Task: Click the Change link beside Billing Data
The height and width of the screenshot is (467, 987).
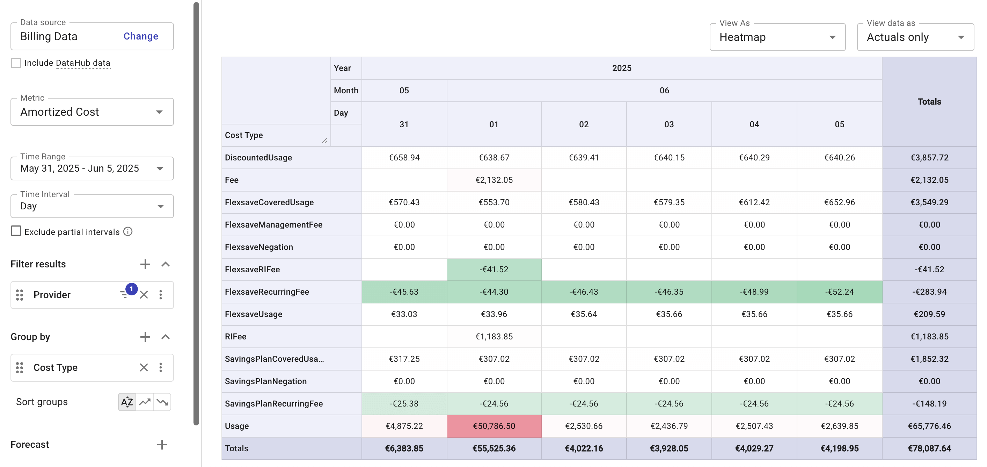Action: (141, 36)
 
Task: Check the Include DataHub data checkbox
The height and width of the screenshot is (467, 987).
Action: (16, 63)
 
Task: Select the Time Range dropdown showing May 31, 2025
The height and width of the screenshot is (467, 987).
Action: (92, 168)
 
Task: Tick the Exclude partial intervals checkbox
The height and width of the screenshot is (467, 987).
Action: (16, 231)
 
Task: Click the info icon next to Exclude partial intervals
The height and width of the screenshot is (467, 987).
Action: (128, 232)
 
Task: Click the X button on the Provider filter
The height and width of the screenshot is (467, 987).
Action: (144, 295)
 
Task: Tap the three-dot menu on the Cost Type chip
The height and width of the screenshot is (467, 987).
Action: (161, 367)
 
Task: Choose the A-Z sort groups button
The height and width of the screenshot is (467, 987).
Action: (127, 402)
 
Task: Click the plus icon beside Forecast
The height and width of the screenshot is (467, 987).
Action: (162, 444)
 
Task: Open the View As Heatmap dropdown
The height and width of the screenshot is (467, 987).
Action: (777, 37)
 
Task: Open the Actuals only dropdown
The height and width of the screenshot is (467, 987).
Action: (915, 37)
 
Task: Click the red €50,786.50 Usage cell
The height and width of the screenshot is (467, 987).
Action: (494, 426)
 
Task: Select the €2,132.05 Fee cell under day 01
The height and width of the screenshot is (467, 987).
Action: (494, 180)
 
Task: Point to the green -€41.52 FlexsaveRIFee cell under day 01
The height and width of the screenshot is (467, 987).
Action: (494, 269)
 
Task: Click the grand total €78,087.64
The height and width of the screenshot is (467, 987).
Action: (929, 448)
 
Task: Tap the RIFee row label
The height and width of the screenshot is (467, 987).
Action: (236, 336)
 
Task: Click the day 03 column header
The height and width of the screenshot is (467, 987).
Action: (669, 124)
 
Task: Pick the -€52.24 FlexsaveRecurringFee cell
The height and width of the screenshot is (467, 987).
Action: (839, 292)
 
